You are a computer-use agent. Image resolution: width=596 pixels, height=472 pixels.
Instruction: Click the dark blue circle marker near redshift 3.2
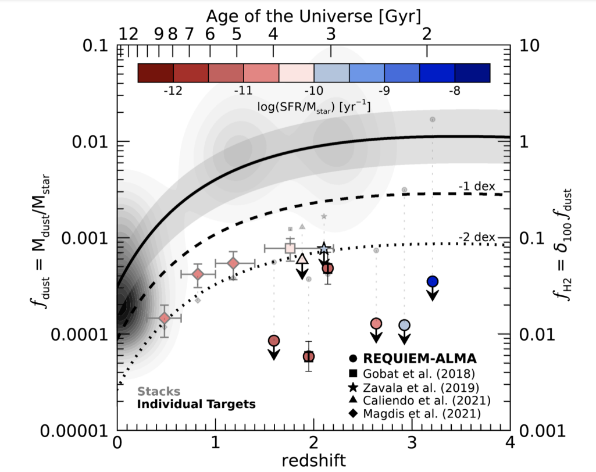click(432, 281)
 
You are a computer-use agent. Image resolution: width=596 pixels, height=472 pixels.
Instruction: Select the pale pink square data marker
click(290, 248)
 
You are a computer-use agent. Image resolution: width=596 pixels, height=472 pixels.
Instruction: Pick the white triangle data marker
click(302, 259)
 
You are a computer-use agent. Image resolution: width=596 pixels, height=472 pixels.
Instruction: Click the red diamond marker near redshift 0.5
click(165, 318)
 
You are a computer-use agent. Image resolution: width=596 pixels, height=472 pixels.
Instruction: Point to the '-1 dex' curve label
click(476, 187)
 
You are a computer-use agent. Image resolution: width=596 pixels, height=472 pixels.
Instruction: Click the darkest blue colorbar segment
click(472, 73)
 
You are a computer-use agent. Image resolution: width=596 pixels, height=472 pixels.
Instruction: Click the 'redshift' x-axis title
click(314, 460)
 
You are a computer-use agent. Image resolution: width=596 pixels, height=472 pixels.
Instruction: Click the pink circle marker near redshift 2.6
click(376, 324)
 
